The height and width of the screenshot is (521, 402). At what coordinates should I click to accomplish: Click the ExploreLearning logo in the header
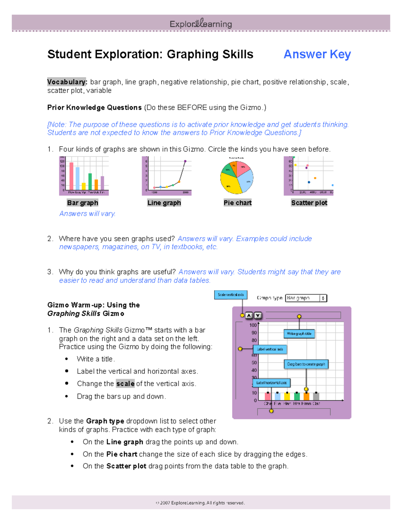[201, 23]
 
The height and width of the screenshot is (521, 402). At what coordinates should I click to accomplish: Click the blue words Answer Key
[317, 54]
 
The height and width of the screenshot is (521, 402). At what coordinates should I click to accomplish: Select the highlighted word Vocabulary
[67, 82]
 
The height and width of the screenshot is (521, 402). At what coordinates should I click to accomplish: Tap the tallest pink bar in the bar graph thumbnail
[71, 176]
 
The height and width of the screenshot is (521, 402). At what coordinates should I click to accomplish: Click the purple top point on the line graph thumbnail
[185, 161]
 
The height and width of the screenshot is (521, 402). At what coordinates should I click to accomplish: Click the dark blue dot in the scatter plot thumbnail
[309, 182]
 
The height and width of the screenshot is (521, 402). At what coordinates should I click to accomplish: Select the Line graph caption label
[164, 203]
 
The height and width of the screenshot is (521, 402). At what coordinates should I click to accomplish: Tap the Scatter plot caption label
[309, 203]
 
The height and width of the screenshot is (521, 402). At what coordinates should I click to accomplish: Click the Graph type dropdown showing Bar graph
[306, 298]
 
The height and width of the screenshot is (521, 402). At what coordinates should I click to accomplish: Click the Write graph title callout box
[299, 333]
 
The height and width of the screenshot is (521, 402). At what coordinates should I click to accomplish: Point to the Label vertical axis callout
[270, 349]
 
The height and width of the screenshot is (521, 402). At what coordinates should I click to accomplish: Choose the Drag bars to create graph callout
[306, 364]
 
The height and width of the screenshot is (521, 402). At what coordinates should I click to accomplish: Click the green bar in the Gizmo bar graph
[297, 396]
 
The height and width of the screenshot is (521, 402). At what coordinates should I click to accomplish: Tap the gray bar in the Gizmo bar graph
[316, 396]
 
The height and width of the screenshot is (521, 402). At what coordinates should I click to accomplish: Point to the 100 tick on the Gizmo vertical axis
[253, 325]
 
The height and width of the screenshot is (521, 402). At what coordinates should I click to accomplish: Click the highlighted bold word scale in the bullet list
[125, 383]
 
